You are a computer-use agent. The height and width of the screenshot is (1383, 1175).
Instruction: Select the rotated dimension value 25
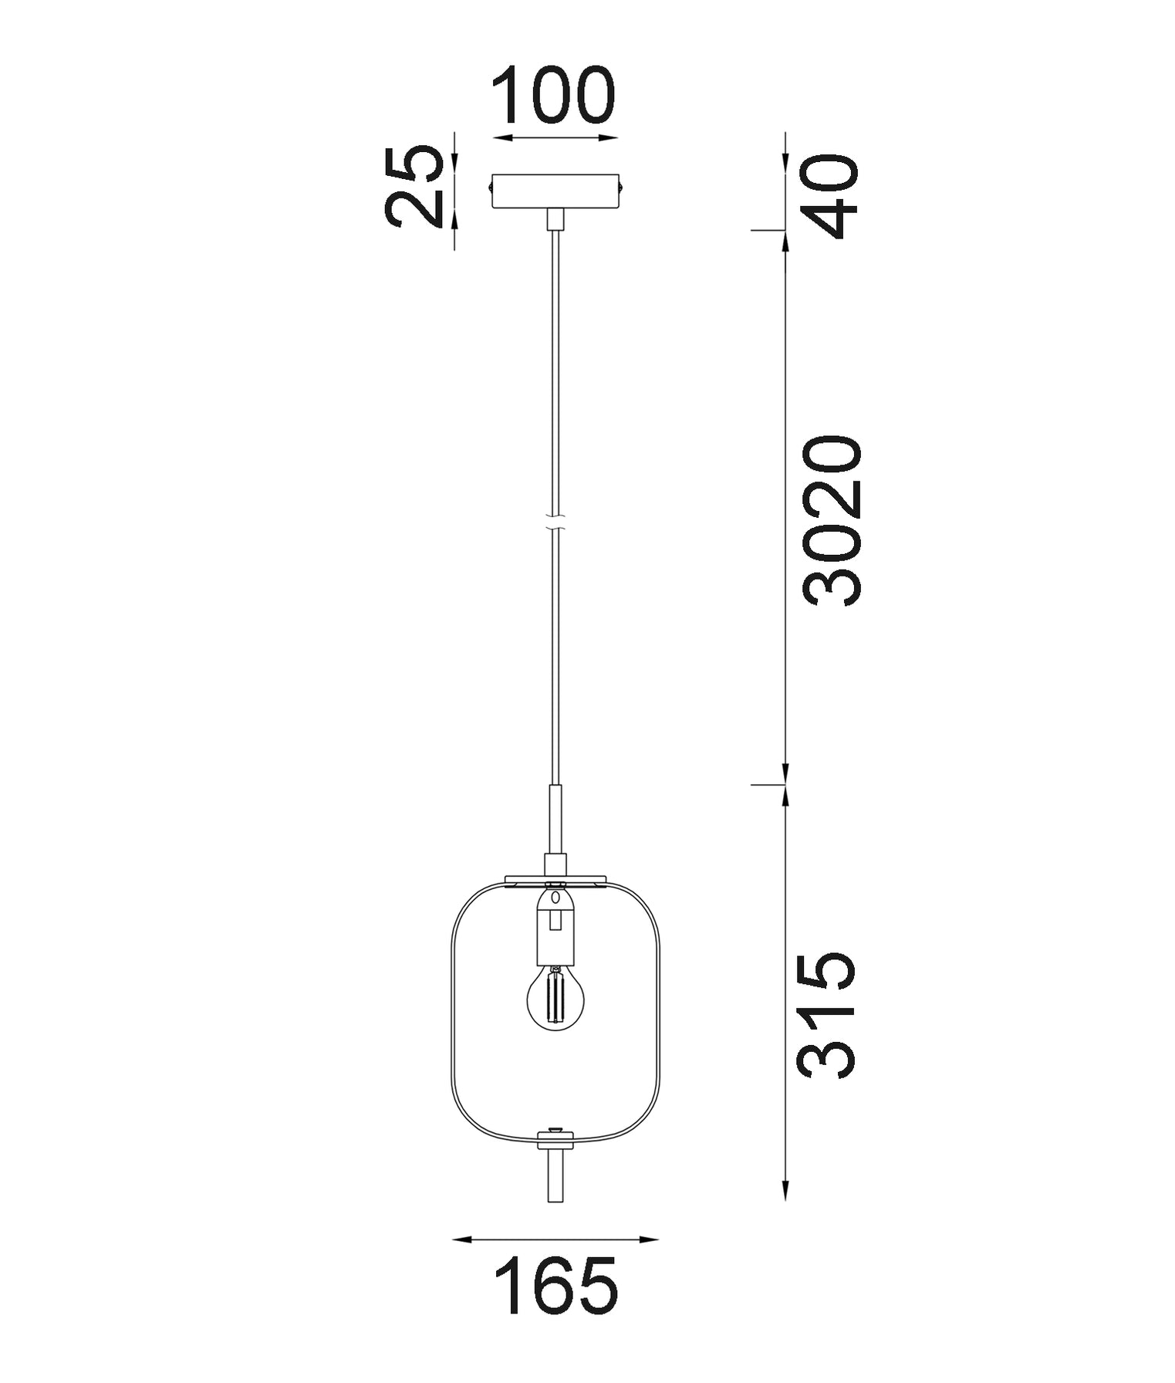414,188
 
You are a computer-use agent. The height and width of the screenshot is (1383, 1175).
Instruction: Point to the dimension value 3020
831,521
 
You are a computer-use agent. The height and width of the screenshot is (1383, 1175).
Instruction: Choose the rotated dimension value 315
826,1015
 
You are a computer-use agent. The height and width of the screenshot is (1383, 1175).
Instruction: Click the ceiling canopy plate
555,191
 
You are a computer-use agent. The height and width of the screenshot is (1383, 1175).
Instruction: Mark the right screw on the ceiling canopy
621,186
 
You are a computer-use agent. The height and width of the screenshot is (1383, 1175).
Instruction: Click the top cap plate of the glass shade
555,879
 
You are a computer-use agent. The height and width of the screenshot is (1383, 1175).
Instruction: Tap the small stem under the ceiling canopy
555,219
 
